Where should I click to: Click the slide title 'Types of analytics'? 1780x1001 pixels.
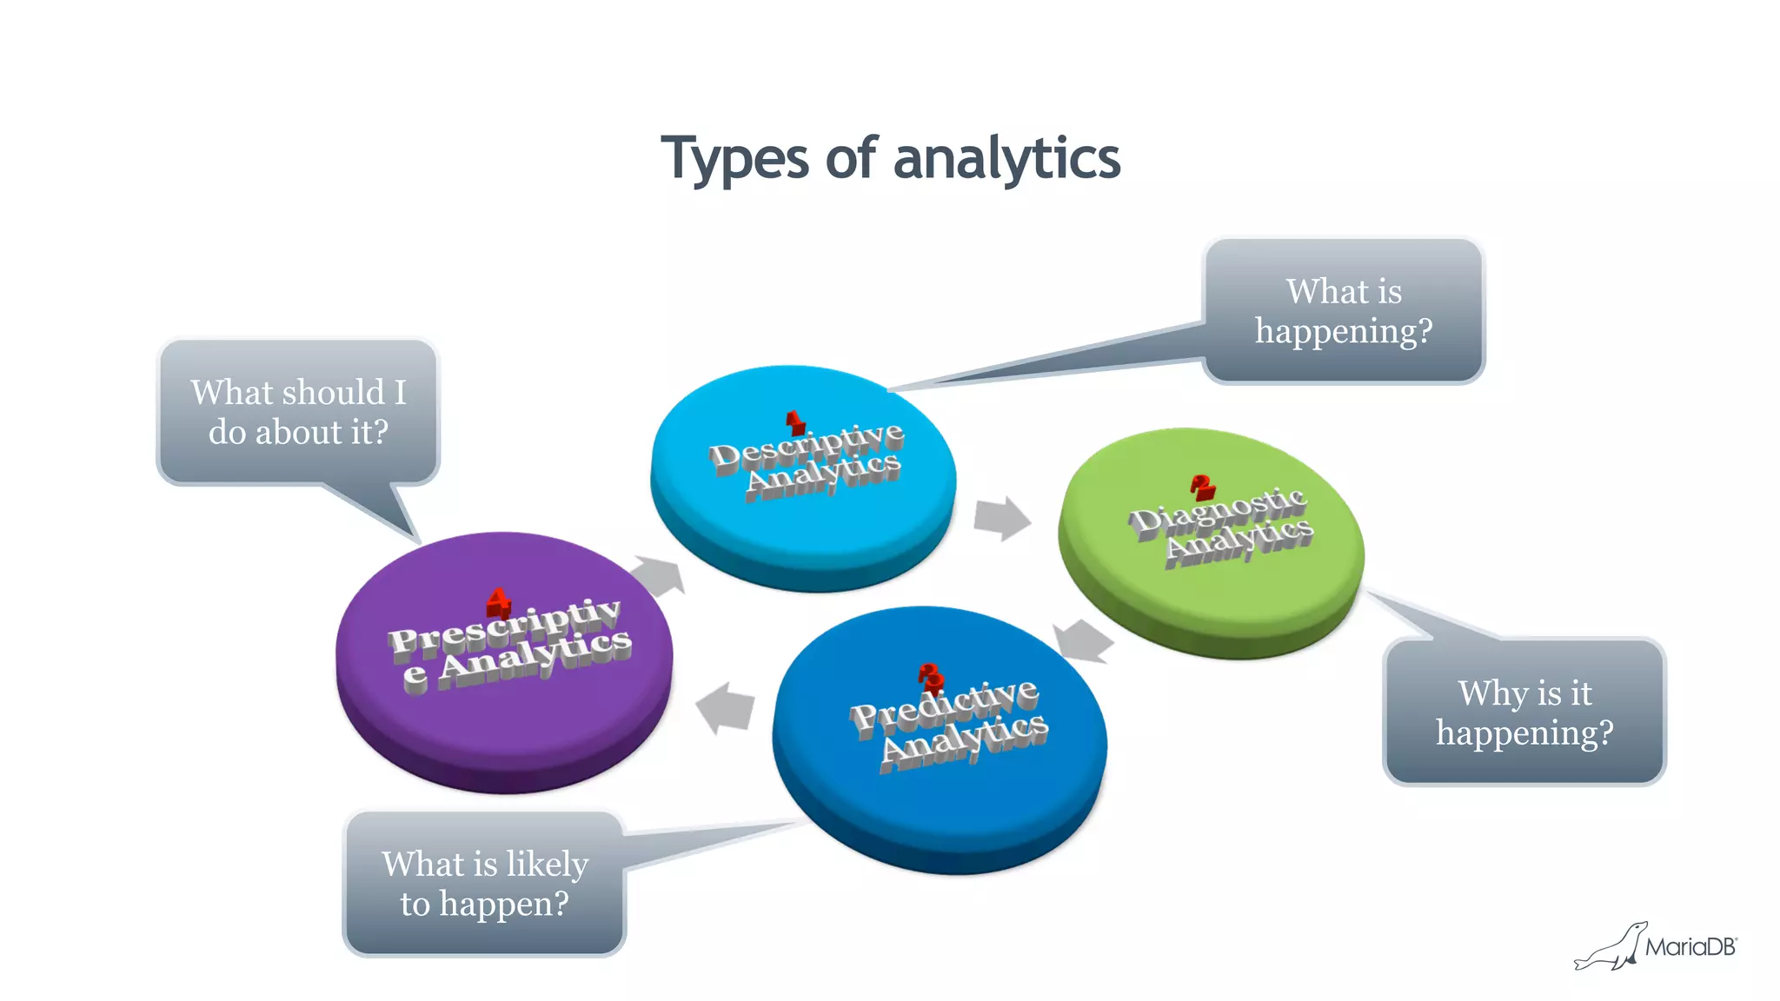point(890,159)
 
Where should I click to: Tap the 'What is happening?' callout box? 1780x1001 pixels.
point(1344,311)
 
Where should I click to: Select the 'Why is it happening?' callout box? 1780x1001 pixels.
point(1524,713)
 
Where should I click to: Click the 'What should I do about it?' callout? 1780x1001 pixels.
point(298,412)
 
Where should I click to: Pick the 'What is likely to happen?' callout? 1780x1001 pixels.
point(485,884)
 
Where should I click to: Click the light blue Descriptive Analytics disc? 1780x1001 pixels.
point(804,521)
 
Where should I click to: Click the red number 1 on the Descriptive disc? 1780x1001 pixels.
point(794,423)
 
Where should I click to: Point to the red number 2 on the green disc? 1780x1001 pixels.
point(1203,487)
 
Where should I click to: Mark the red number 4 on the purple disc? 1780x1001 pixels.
point(498,601)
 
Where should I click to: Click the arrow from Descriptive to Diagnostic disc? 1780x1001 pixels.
point(1001,518)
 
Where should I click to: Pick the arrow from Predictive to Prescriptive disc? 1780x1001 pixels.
point(726,707)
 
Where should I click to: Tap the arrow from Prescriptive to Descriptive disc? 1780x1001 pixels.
point(658,576)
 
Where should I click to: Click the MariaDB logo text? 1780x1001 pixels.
point(1690,947)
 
